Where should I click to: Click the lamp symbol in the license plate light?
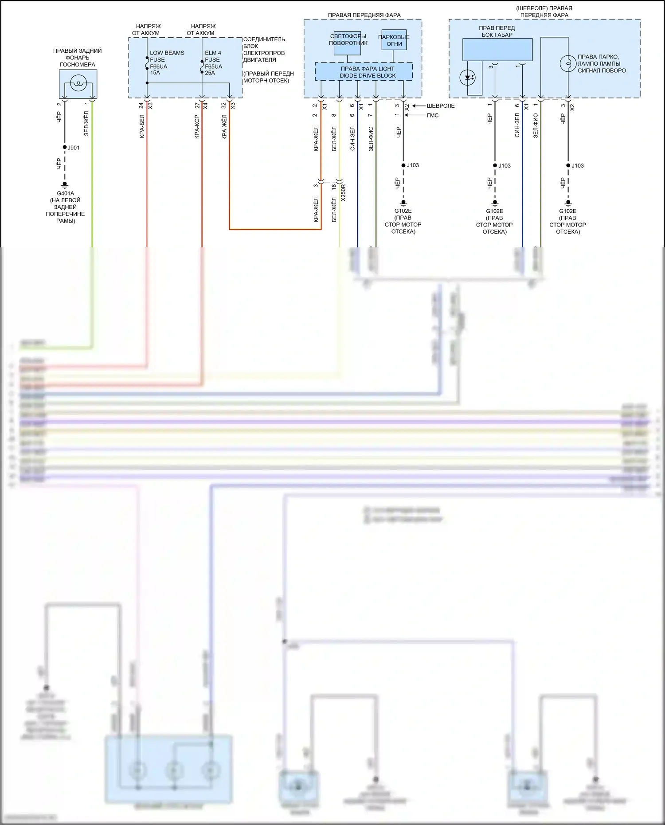[x=78, y=82]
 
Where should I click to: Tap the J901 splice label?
[x=74, y=148]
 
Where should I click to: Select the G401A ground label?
[x=65, y=193]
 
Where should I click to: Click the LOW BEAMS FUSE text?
[x=167, y=56]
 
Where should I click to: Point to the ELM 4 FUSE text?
[x=213, y=56]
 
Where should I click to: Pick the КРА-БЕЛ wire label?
[x=142, y=126]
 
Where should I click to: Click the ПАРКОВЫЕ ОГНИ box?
[x=394, y=40]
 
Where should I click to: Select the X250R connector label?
[x=343, y=192]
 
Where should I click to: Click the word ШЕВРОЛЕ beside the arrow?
[x=441, y=106]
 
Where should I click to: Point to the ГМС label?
[x=433, y=115]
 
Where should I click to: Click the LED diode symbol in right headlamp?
[x=468, y=78]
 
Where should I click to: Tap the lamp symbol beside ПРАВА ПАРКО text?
[x=568, y=64]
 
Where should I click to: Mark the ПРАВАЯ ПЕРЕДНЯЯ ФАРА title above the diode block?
[x=364, y=15]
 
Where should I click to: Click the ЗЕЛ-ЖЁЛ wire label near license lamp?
[x=86, y=124]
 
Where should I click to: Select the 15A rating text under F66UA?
[x=155, y=73]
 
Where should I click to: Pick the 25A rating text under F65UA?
[x=210, y=73]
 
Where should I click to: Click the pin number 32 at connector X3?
[x=223, y=106]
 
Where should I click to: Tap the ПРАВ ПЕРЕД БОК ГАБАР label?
[x=497, y=31]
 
